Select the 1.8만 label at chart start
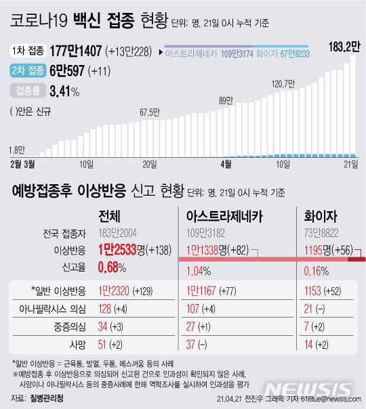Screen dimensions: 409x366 point(18,150)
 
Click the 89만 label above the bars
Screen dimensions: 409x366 point(226,101)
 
